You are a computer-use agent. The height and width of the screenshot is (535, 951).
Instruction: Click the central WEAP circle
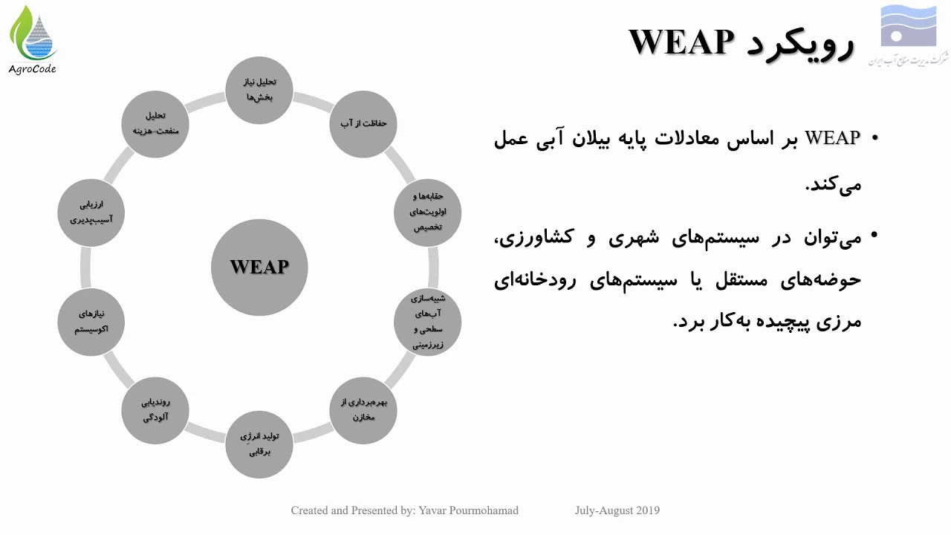(x=259, y=267)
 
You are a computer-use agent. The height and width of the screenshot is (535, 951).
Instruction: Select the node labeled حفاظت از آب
(x=363, y=123)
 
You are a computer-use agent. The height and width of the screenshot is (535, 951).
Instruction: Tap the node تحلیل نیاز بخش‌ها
(x=259, y=90)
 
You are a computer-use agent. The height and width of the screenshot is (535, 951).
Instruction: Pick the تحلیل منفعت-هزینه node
(x=155, y=123)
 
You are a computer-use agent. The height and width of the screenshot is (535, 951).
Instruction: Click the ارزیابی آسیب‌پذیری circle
(x=91, y=211)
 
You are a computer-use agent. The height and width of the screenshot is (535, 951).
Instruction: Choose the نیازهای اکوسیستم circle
(x=91, y=322)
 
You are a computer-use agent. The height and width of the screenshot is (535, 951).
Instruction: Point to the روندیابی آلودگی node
(x=155, y=410)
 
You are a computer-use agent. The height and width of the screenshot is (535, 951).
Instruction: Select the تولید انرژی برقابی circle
(x=259, y=444)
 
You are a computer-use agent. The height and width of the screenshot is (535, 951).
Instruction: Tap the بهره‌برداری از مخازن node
(x=363, y=410)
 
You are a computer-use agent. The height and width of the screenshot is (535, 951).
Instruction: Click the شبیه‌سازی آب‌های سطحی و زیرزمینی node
(x=427, y=322)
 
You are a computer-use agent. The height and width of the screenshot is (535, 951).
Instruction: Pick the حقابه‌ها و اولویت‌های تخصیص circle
(x=427, y=211)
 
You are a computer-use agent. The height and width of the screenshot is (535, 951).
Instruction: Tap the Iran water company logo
(x=908, y=37)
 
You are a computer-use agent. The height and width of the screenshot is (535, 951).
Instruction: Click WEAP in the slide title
(x=681, y=42)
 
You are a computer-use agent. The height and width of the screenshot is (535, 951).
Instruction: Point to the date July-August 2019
(x=617, y=510)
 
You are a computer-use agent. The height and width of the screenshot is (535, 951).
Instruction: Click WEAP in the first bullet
(x=832, y=138)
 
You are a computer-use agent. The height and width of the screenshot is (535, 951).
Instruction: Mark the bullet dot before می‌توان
(x=874, y=236)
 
